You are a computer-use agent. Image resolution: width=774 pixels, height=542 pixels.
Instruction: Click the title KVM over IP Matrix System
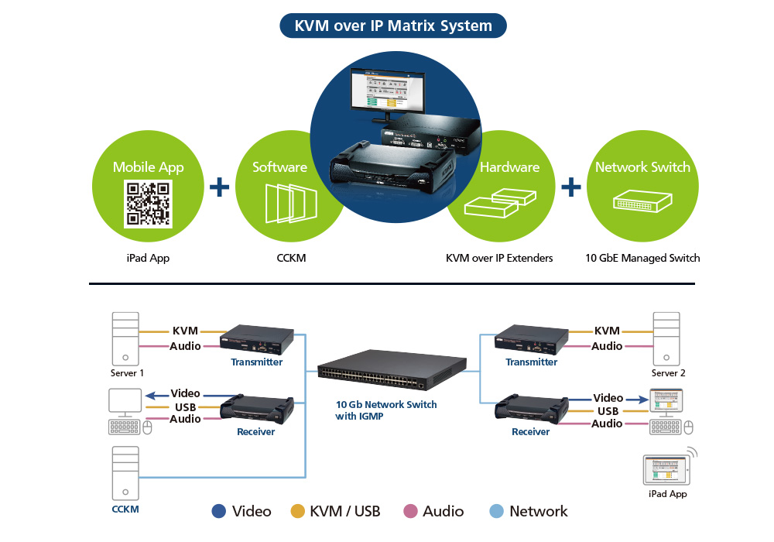coord(392,26)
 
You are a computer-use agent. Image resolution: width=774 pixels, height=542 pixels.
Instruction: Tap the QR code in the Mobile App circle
coord(149,204)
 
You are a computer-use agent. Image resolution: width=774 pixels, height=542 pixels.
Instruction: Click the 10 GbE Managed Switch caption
coord(642,258)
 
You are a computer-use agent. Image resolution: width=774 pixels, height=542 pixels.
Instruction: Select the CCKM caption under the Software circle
coord(291,258)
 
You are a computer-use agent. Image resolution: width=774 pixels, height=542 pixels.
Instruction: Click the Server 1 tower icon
coord(125,338)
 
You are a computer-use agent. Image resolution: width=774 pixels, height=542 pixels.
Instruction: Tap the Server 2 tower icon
coord(666,338)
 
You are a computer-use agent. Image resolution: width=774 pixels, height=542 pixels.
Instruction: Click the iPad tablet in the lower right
coord(665,468)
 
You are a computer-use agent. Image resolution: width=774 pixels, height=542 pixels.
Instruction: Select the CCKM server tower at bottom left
coord(125,473)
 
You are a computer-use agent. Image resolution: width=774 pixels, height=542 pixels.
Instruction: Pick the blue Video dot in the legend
coord(218,511)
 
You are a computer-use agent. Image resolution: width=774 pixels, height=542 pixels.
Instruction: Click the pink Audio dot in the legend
coord(410,511)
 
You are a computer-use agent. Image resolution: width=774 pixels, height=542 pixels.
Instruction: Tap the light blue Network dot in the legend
coord(497,511)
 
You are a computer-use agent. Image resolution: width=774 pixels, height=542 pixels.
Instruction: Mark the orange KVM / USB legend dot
coord(297,511)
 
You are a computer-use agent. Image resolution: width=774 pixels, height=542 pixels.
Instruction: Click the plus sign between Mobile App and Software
coord(220,187)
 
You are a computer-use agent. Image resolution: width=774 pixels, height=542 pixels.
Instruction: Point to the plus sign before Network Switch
coord(570,187)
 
